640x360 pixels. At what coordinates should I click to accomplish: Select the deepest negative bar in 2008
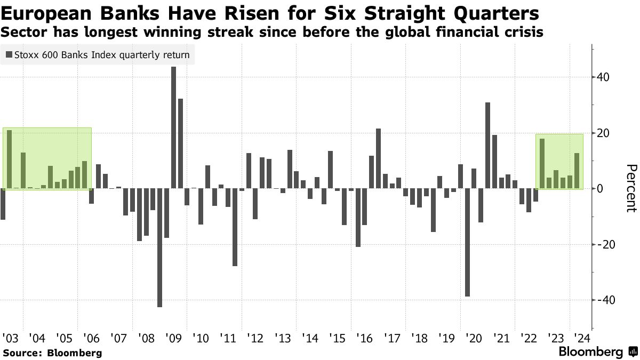[x=159, y=247]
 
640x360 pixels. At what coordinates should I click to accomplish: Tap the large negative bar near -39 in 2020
[x=468, y=242]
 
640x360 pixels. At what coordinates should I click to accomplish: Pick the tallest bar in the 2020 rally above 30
[x=488, y=145]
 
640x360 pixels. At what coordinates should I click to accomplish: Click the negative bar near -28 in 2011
[x=235, y=227]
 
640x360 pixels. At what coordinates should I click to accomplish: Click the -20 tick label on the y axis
[x=605, y=244]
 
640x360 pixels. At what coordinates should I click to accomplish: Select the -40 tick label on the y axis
[x=605, y=300]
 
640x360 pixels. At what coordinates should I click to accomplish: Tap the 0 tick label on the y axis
[x=601, y=189]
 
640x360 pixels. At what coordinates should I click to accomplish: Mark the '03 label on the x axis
[x=10, y=338]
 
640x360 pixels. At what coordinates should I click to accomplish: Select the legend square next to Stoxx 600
[x=8, y=54]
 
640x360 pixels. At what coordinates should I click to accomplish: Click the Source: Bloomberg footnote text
[x=52, y=353]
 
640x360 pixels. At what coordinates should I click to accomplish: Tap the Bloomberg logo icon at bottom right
[x=633, y=352]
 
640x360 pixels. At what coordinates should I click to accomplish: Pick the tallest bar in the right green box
[x=542, y=163]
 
